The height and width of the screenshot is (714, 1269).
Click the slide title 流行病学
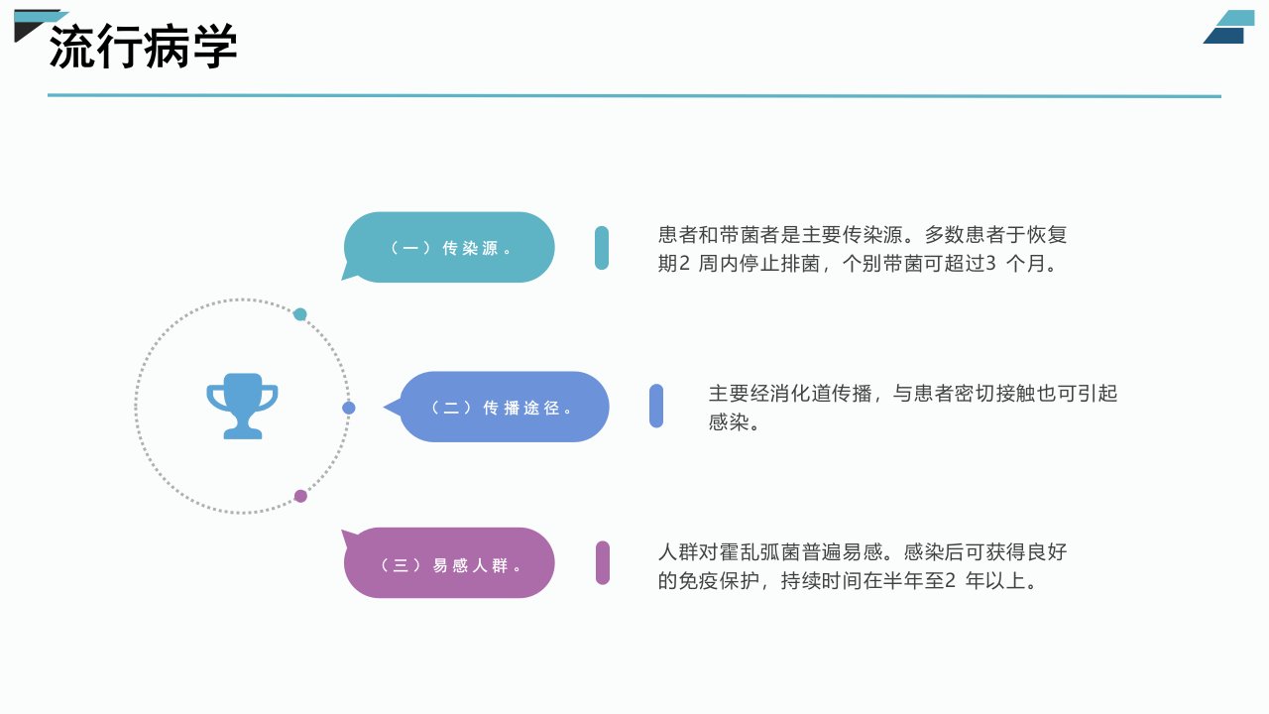143,47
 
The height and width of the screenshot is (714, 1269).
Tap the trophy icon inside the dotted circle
243,406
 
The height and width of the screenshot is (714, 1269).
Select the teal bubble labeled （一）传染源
448,247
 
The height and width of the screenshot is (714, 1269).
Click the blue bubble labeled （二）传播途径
497,407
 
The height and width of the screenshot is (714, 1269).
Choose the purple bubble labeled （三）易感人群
448,562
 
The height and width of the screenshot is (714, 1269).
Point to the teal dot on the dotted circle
300,314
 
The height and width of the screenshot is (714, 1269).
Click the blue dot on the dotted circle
349,408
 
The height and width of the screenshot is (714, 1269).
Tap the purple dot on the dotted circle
300,497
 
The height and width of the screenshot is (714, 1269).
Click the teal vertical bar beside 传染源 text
602,248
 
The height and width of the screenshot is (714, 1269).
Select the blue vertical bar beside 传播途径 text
656,406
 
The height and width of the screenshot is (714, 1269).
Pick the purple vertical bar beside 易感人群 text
603,562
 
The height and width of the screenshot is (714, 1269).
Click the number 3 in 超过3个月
990,264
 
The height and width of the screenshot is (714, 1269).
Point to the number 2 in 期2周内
684,264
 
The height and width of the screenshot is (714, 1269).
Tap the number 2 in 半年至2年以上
950,581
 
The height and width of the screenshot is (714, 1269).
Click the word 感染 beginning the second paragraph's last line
729,422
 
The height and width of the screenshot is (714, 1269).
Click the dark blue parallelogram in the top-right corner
1224,36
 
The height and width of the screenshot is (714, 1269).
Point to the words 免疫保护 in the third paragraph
719,581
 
